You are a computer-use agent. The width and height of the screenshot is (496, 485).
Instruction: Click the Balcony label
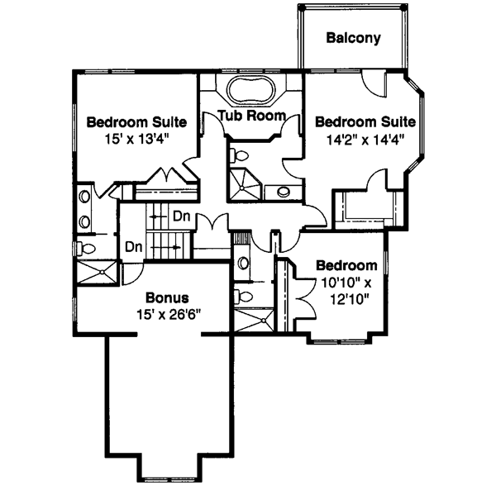(353, 38)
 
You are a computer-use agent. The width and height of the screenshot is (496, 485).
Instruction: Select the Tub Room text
(252, 115)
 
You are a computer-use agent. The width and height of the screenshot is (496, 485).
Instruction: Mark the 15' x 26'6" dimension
(169, 314)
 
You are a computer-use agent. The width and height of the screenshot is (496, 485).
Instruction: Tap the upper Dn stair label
(183, 216)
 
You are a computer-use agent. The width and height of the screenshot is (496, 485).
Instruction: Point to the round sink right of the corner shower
(283, 193)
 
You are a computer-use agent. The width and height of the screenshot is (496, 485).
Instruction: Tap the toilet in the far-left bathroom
(85, 246)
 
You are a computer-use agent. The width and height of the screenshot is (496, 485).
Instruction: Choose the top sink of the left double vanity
(84, 197)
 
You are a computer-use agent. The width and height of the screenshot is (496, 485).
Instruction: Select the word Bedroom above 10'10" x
(347, 266)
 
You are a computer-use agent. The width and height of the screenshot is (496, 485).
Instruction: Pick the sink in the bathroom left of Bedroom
(242, 264)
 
